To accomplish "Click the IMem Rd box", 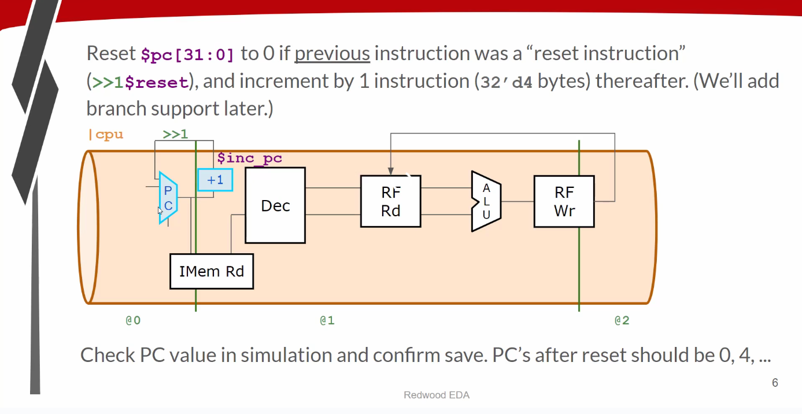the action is [x=212, y=271].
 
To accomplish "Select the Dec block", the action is [x=275, y=205].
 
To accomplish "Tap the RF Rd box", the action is [x=391, y=201].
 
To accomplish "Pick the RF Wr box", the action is [x=564, y=201].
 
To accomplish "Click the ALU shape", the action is [x=486, y=201].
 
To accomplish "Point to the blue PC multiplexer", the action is [x=168, y=198].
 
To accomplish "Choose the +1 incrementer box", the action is [x=215, y=180].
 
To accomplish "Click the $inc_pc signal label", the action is [x=250, y=158].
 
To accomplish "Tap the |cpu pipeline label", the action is [x=106, y=135].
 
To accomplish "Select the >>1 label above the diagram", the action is [x=175, y=134].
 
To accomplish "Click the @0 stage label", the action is [x=133, y=320].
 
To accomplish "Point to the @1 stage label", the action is [x=327, y=320].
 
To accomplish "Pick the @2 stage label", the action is [x=622, y=320].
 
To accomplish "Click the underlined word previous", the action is [x=332, y=54].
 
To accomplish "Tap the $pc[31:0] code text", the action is [x=187, y=55].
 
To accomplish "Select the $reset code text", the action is [x=157, y=83].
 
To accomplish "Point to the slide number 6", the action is [x=775, y=383].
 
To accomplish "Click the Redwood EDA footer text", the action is [x=437, y=395].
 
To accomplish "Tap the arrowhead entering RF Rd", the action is [x=391, y=171].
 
